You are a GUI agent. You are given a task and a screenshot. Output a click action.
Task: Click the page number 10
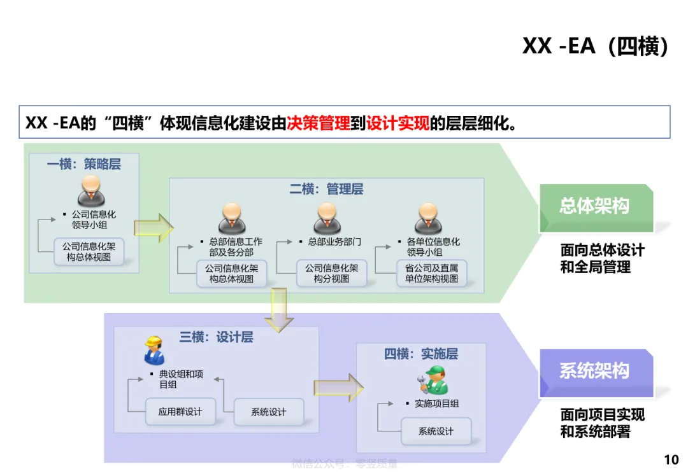click(671, 459)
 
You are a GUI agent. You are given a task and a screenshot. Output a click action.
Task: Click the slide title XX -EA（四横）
click(595, 46)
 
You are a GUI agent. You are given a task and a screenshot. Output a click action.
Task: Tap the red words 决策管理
click(318, 123)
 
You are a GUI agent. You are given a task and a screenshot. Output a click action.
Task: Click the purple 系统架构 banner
click(596, 371)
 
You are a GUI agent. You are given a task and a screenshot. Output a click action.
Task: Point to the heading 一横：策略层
click(83, 164)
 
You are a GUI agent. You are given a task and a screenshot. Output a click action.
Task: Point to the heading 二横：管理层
click(326, 189)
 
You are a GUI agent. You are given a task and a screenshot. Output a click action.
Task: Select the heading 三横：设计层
click(216, 337)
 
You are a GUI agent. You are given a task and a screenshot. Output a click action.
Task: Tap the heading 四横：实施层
click(420, 354)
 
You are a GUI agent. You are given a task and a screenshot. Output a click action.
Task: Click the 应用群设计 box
click(180, 412)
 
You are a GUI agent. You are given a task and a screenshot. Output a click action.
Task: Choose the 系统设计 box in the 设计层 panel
click(268, 412)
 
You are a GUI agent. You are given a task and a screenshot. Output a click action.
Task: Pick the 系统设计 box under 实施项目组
click(436, 431)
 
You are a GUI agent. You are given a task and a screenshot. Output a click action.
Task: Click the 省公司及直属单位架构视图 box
click(431, 274)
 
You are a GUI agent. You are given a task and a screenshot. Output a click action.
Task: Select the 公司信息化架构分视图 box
click(331, 274)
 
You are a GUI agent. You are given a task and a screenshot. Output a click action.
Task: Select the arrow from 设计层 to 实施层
click(338, 387)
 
